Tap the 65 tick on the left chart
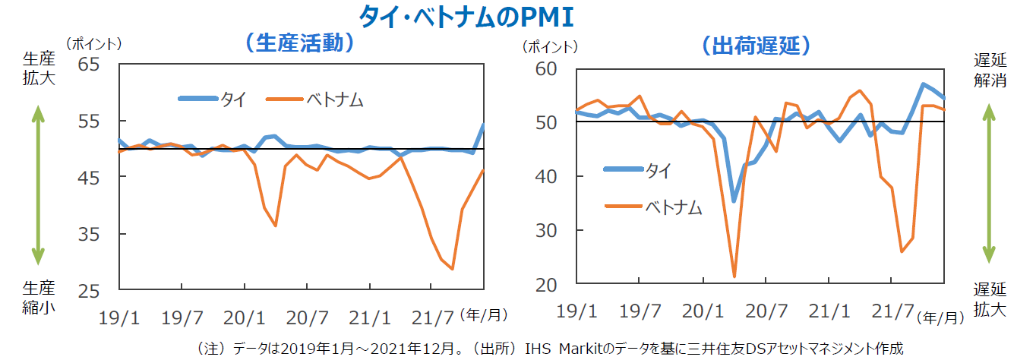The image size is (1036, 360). [x=90, y=64]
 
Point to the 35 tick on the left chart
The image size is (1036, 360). [x=90, y=235]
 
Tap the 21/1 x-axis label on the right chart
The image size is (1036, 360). [x=828, y=311]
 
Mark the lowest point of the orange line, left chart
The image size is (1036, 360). [x=452, y=269]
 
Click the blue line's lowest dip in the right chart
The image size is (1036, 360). [x=734, y=201]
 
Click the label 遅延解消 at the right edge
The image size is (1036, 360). [x=990, y=69]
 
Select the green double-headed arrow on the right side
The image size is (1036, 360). [x=989, y=183]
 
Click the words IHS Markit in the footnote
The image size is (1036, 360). [x=578, y=349]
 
